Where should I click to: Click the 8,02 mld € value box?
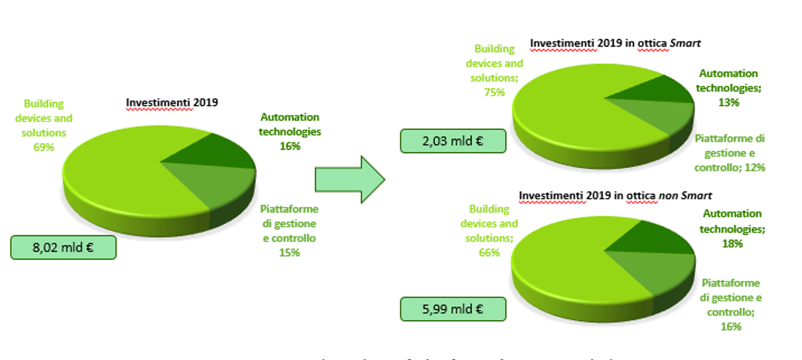63,247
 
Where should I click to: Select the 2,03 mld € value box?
453,141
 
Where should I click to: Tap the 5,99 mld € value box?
453,309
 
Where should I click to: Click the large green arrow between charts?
350,180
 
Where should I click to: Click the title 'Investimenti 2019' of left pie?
172,102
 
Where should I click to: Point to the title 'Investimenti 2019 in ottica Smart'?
615,44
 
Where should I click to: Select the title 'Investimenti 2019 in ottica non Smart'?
615,196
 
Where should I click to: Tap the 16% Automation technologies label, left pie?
289,146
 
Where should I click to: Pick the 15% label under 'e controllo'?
289,252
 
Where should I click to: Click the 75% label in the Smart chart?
494,92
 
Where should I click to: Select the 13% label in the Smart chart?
729,102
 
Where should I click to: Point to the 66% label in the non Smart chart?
489,252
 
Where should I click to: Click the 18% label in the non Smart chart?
732,244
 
